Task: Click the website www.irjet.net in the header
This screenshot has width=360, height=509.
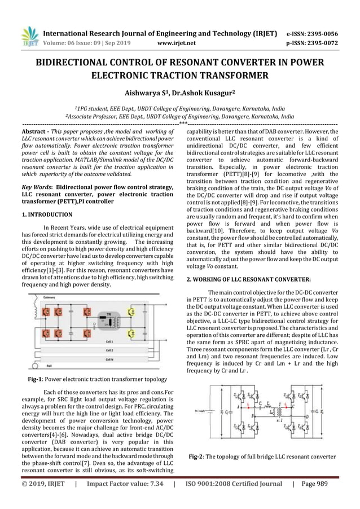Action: point(177,42)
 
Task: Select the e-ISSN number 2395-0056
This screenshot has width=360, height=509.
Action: point(320,33)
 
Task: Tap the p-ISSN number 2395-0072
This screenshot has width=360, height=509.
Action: point(320,42)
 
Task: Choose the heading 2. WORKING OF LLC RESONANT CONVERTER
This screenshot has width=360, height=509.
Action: point(248,279)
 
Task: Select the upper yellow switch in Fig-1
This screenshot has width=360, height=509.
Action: point(132,311)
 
